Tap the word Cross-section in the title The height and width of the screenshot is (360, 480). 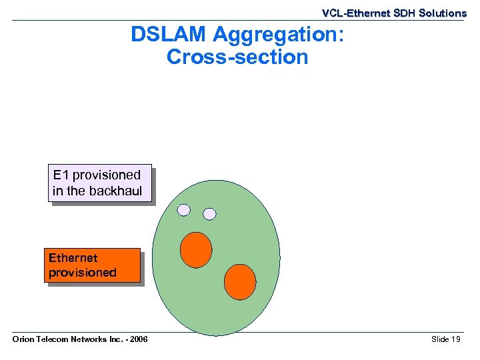[x=237, y=57]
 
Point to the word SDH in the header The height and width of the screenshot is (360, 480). [x=401, y=13]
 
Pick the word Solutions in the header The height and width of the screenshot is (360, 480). [x=443, y=13]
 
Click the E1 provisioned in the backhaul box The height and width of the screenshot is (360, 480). [x=100, y=183]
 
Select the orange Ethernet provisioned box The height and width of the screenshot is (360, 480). [x=92, y=266]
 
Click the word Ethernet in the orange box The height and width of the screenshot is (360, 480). [x=73, y=258]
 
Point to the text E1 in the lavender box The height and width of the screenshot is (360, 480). [x=61, y=175]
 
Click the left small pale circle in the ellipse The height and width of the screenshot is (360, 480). [x=184, y=211]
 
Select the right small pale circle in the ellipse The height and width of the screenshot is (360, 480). [x=209, y=214]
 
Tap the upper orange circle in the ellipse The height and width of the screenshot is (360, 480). [x=196, y=250]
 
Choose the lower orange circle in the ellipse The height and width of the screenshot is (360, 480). [x=240, y=281]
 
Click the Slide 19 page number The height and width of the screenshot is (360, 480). [x=445, y=340]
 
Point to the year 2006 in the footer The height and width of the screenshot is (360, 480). [x=137, y=340]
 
